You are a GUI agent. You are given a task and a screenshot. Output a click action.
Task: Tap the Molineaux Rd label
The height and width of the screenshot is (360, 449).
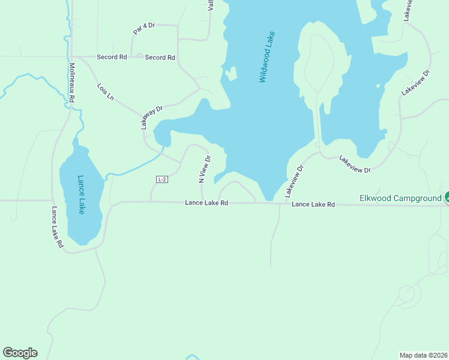point(71,82)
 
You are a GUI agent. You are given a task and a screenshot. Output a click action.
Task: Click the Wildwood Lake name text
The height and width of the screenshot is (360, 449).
point(267,57)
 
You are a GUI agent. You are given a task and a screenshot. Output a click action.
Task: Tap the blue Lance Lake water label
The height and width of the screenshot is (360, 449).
point(81,194)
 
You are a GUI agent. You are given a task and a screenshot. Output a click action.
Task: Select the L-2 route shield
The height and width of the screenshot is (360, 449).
point(161,179)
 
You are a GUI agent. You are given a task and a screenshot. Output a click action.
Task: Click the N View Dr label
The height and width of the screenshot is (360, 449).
point(205,169)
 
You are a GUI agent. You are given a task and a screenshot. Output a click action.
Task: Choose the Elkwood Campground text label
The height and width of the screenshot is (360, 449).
point(400,198)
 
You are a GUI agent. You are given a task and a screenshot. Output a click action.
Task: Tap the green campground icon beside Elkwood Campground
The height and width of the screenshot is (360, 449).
point(447,197)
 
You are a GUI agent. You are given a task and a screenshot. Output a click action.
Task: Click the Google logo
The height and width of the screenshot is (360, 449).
point(20,353)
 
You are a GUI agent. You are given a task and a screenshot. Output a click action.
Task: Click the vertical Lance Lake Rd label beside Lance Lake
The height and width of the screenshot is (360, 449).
point(57,227)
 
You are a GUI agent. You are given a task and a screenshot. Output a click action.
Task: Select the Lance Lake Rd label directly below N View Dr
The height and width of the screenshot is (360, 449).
point(206,203)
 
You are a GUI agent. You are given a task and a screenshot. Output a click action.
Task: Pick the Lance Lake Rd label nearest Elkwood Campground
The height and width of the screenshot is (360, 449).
point(313,205)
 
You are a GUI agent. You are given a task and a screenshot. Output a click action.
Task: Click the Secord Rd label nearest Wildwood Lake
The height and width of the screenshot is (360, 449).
point(160,58)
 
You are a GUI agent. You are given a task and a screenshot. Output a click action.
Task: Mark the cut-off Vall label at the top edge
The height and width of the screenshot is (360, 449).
point(211,5)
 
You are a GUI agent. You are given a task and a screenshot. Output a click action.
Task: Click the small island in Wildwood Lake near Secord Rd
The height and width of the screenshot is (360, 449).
point(230,74)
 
